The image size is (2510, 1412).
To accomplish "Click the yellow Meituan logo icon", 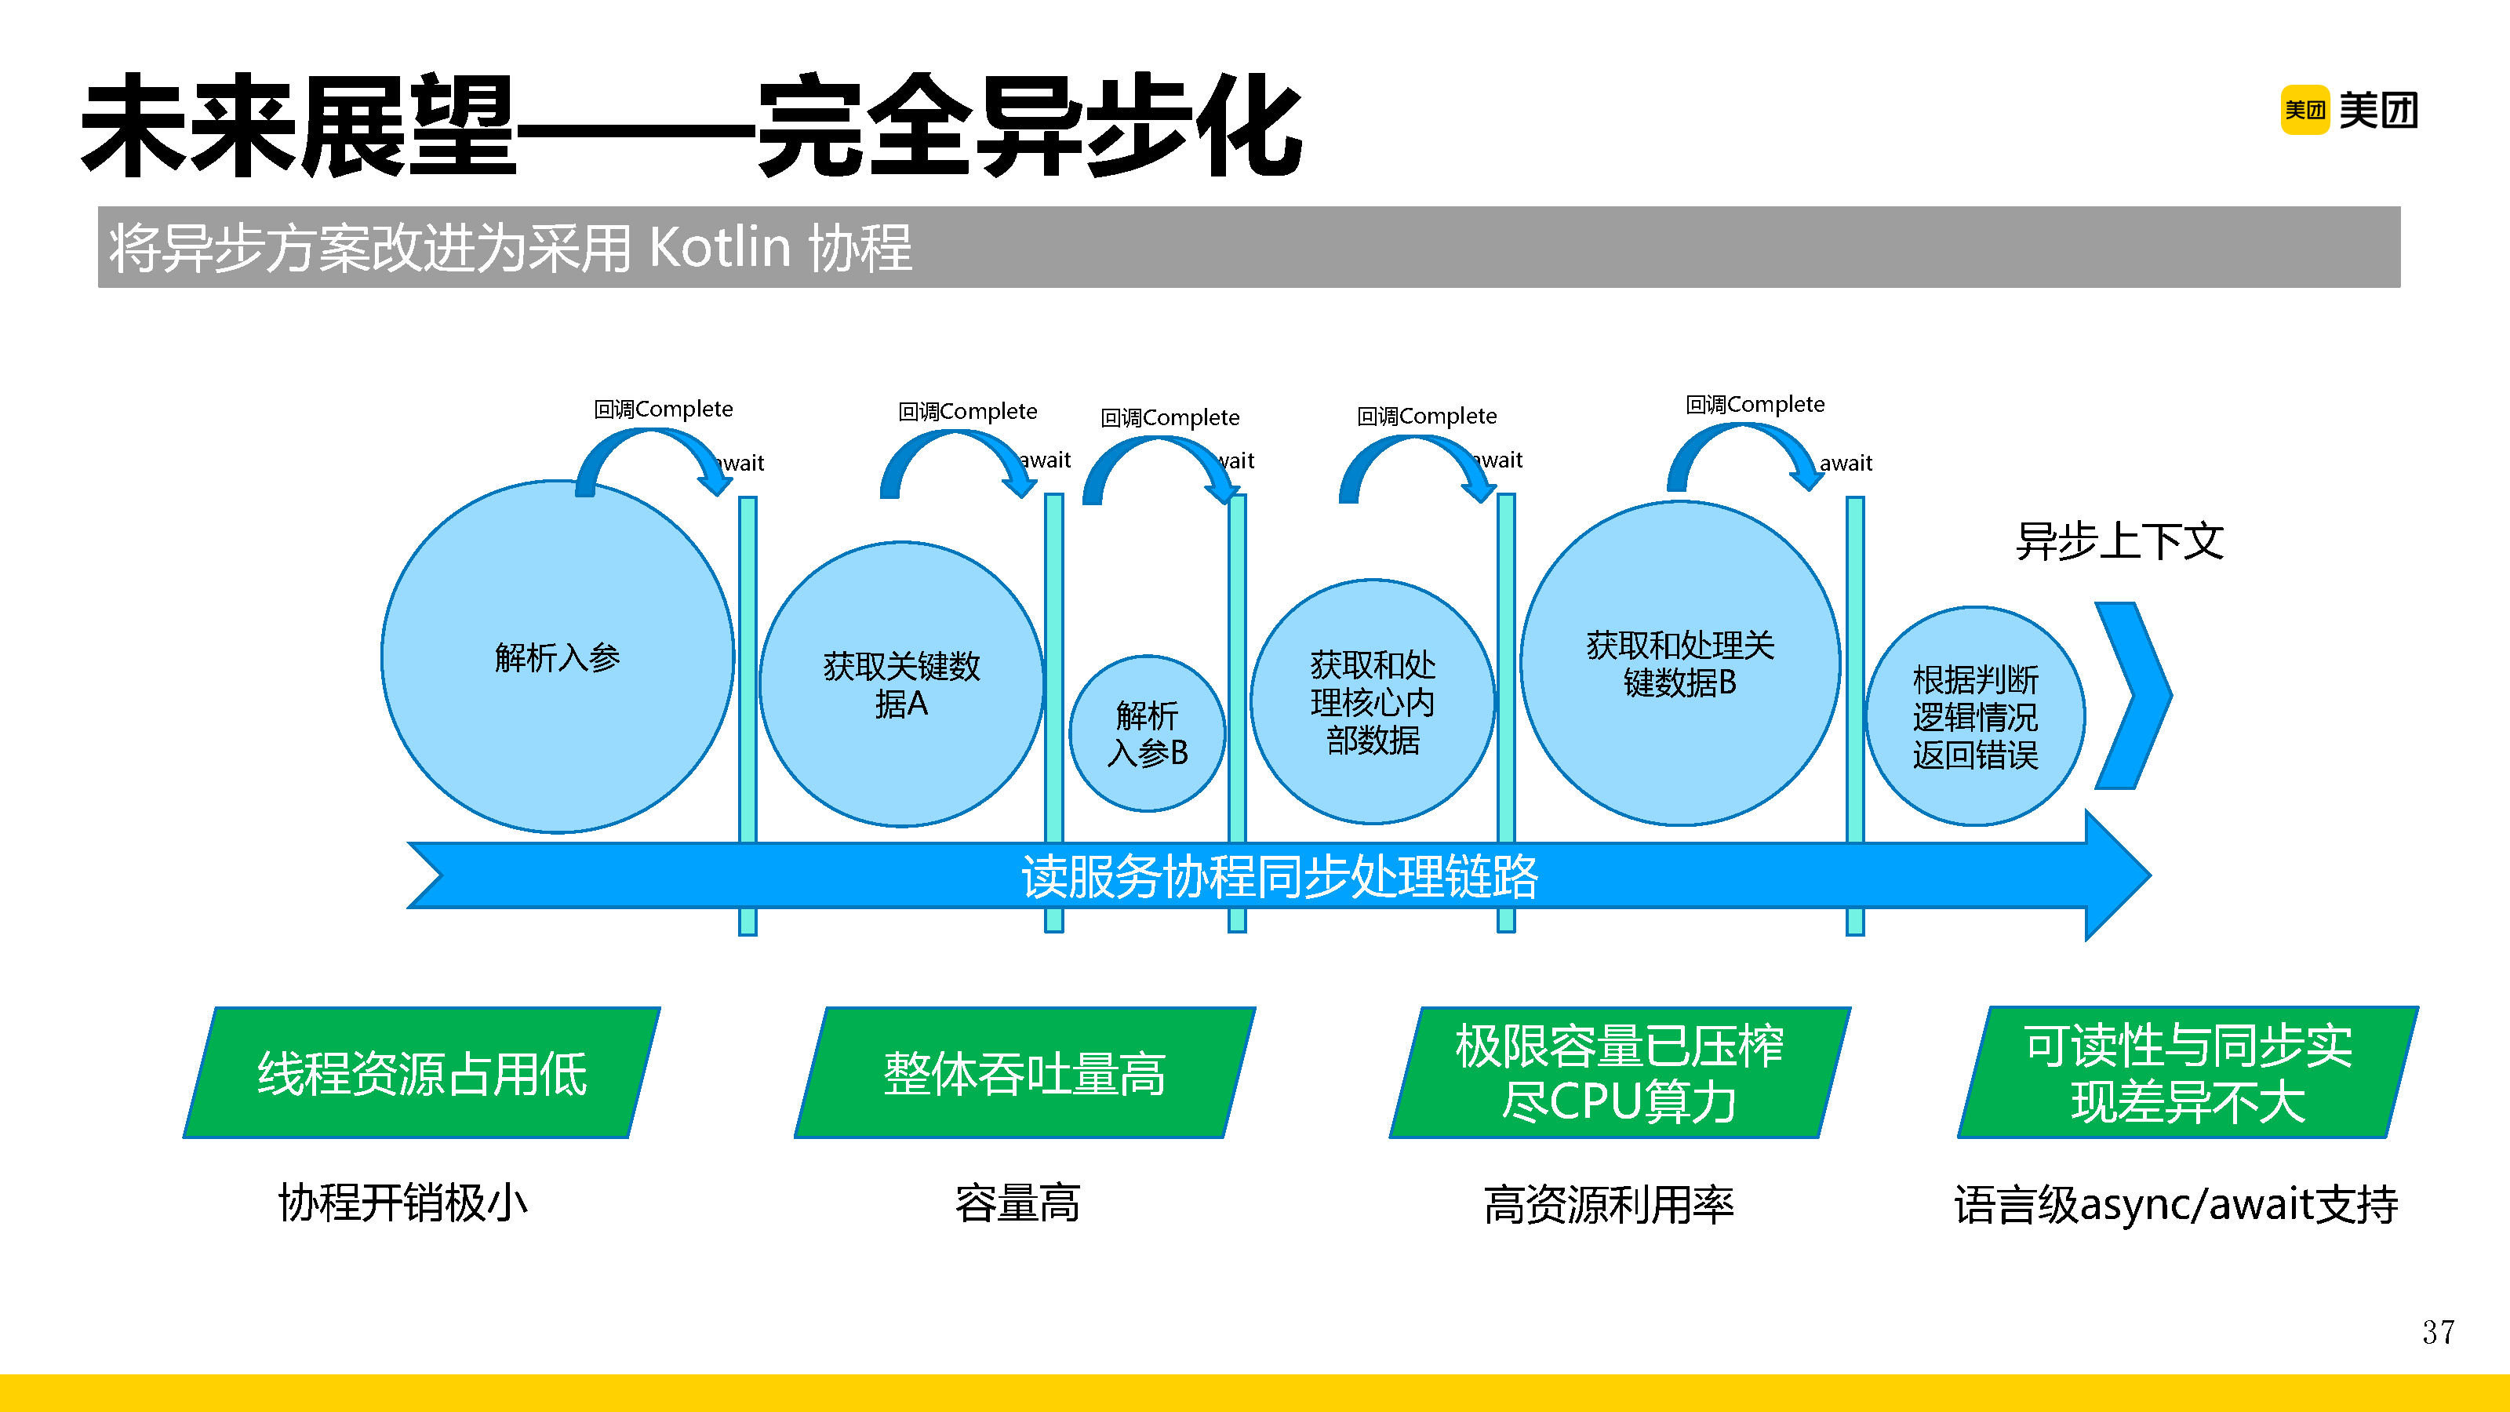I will point(2304,110).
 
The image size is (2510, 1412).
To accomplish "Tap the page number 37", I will point(2438,1332).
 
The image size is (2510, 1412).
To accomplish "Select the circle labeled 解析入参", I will point(558,657).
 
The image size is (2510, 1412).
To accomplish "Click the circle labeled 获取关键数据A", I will point(901,684).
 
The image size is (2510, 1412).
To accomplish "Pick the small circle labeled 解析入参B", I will point(1147,733).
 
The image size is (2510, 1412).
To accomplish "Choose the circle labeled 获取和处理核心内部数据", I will point(1372,701).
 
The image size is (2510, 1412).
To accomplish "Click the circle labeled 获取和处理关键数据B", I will point(1680,663).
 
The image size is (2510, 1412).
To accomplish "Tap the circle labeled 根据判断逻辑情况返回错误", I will point(1975,716).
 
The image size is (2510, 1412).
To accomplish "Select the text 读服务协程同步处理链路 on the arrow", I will point(1279,876).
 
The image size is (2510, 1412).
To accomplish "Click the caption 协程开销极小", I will point(403,1203).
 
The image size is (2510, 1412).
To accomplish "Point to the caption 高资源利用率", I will point(1609,1204).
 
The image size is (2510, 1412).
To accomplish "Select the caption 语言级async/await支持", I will point(2176,1204).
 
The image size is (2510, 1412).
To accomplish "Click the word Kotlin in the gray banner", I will point(719,248).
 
